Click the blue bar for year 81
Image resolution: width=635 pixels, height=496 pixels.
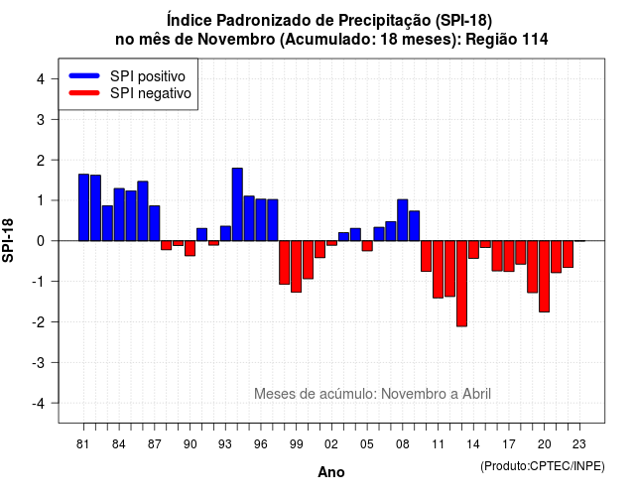(x=83, y=207)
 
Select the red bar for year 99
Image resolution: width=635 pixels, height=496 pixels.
(x=297, y=267)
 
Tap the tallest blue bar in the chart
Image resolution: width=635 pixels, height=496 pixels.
(x=237, y=204)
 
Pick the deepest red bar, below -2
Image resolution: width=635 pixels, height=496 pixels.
(x=461, y=284)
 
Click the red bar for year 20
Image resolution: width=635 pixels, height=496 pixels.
(x=545, y=276)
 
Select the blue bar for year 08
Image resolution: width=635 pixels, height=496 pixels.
(x=403, y=220)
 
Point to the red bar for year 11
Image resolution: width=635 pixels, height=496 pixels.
(x=438, y=269)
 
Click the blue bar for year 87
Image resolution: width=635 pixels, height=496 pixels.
(x=155, y=223)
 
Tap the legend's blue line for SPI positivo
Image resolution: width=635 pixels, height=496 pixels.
(x=84, y=75)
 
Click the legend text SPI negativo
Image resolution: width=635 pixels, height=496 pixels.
(x=150, y=93)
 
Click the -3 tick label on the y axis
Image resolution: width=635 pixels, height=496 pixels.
(x=39, y=363)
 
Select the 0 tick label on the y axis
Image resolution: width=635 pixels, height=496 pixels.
(x=41, y=241)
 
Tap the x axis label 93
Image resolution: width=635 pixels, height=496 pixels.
(x=225, y=444)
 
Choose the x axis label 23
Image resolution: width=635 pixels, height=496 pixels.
(x=579, y=444)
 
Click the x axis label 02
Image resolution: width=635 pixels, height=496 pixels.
(x=331, y=444)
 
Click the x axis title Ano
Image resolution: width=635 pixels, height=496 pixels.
(x=331, y=472)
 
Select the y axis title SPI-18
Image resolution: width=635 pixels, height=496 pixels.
(x=8, y=240)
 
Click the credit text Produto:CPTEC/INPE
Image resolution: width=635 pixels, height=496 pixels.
(x=543, y=466)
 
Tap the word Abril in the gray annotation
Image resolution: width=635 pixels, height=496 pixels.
(x=476, y=394)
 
